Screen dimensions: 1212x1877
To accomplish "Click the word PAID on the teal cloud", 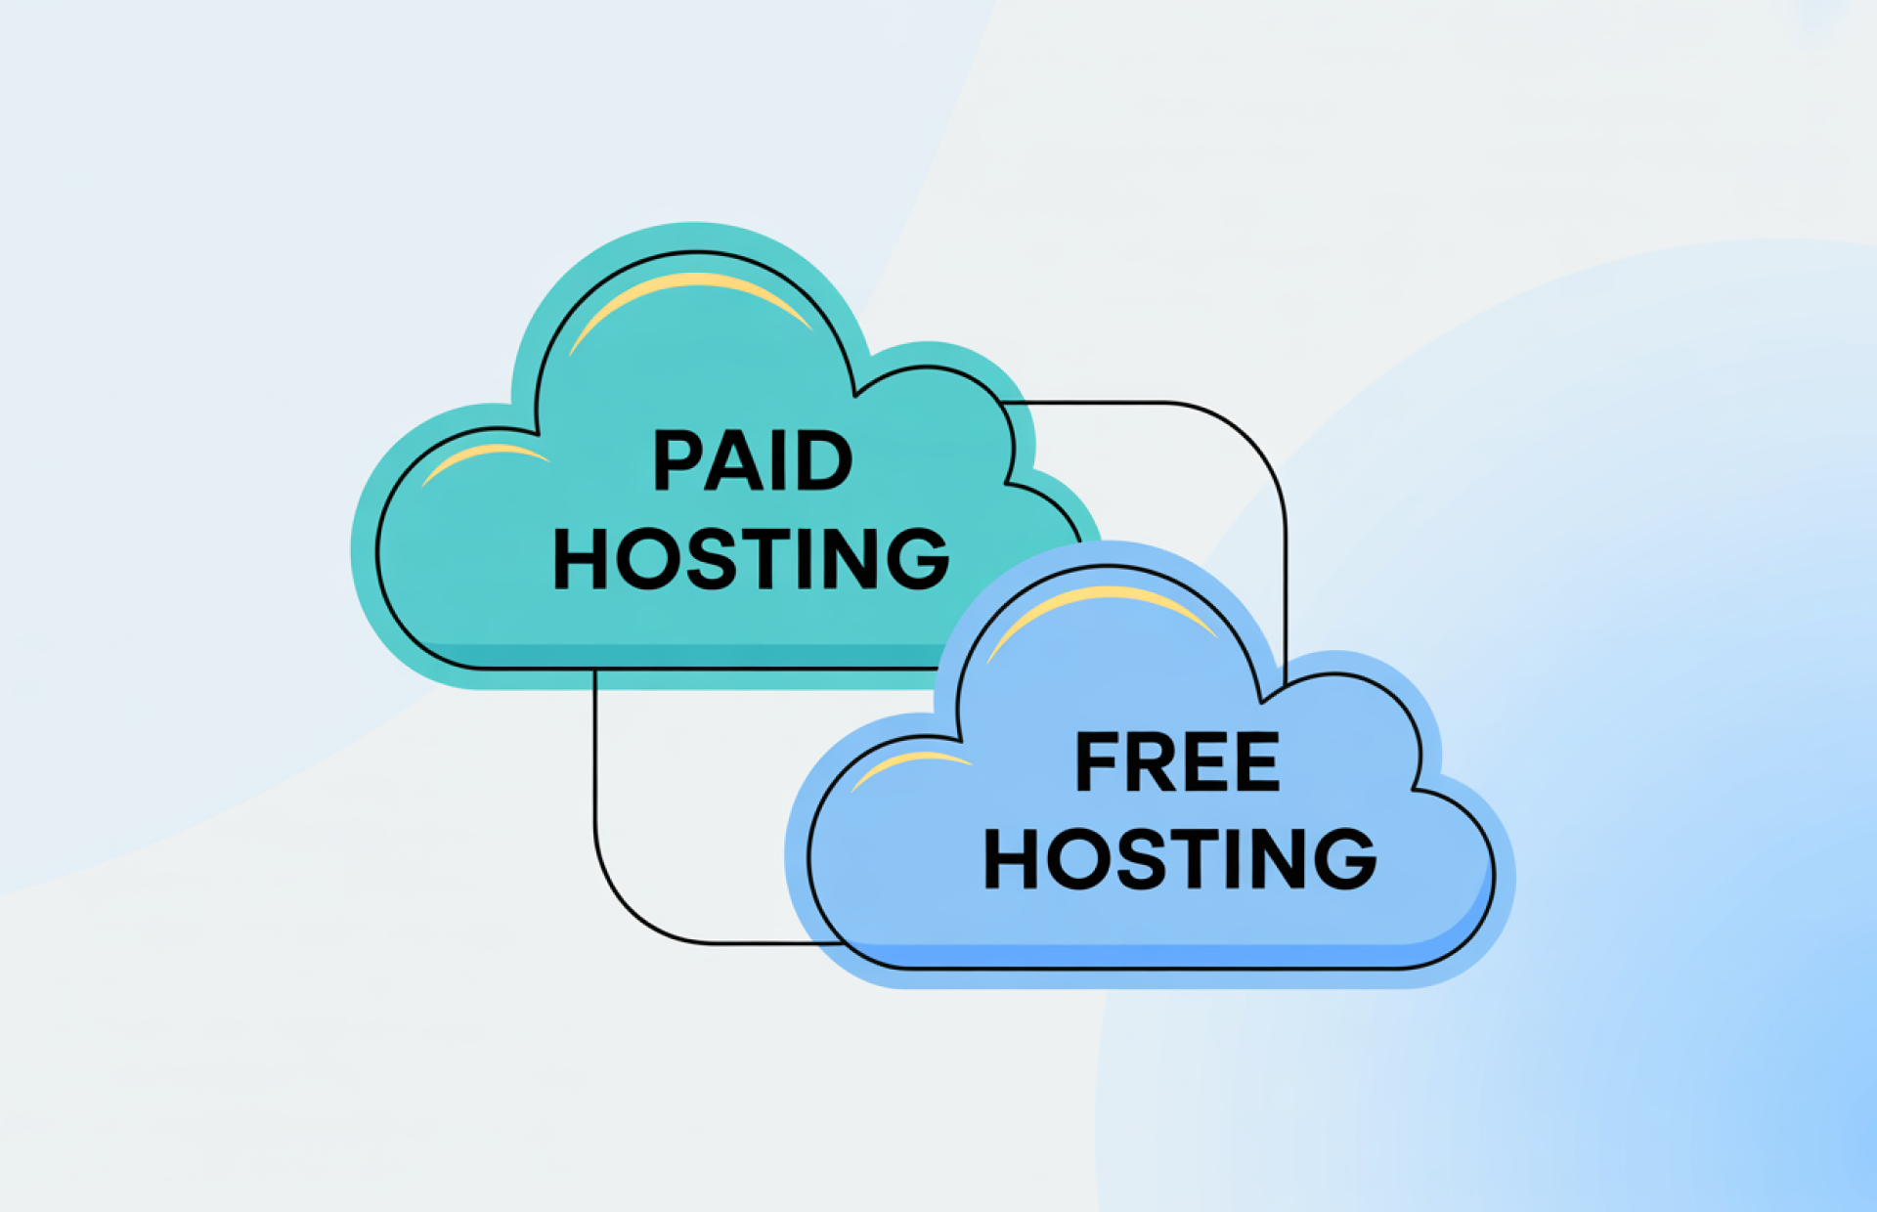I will pyautogui.click(x=752, y=460).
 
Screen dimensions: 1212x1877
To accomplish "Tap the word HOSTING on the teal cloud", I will pyautogui.click(x=751, y=558).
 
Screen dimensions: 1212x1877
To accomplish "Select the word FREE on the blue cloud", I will pyautogui.click(x=1177, y=762).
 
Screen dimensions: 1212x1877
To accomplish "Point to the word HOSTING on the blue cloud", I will pyautogui.click(x=1180, y=858).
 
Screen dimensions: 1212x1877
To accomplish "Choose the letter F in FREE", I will pyautogui.click(x=1095, y=762).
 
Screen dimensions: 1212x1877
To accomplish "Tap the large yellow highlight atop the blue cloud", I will pyautogui.click(x=1102, y=603).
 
